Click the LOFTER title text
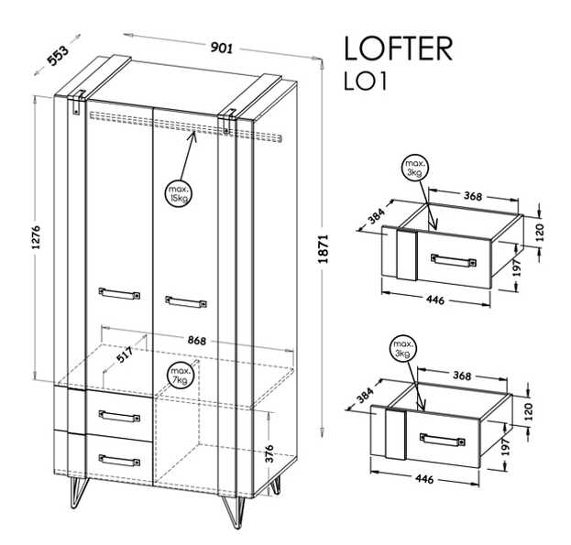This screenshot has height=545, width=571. (398, 49)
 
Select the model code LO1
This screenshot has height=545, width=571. (365, 82)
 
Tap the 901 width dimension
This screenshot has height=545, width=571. (222, 48)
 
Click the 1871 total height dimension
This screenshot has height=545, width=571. (324, 249)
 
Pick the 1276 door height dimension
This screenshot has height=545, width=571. (37, 238)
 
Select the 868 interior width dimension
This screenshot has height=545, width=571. (197, 340)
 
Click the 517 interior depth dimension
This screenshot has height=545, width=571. (125, 354)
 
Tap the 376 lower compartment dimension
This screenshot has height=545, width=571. (269, 453)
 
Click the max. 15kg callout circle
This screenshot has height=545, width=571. (178, 194)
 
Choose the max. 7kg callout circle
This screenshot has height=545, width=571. (180, 376)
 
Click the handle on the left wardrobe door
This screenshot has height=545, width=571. (119, 293)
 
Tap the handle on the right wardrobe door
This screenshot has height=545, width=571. (186, 302)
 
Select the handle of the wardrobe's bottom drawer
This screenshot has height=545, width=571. (119, 460)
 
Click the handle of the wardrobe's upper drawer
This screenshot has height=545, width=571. (119, 416)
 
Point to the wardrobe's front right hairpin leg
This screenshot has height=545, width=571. (232, 512)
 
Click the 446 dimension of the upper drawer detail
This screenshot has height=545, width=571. (435, 300)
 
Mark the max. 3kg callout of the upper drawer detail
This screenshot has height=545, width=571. (415, 169)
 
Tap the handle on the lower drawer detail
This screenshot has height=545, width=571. (443, 439)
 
